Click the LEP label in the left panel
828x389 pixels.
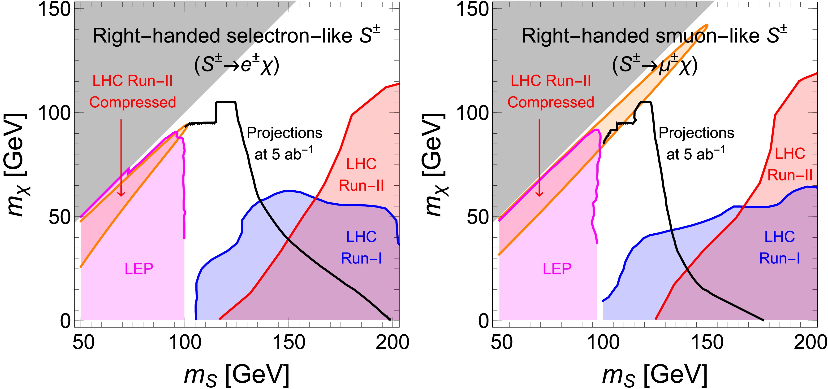click(x=139, y=269)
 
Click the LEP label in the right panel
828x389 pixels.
click(x=557, y=269)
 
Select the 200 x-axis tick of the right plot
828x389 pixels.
click(x=810, y=342)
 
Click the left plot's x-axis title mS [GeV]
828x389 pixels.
click(x=237, y=375)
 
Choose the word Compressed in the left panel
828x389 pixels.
click(x=132, y=102)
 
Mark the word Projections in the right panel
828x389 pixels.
click(x=697, y=133)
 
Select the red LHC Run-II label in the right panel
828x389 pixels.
click(x=790, y=164)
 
